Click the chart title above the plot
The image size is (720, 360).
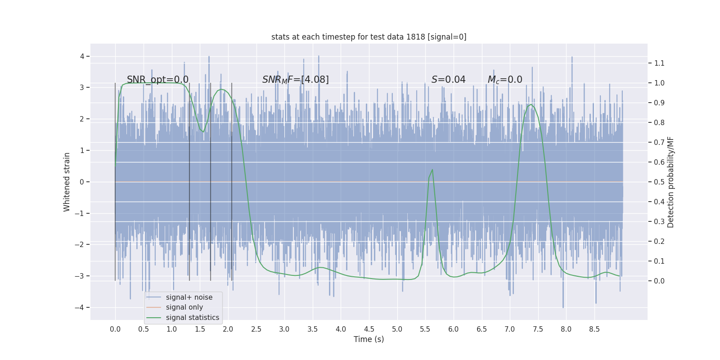pyautogui.click(x=369, y=37)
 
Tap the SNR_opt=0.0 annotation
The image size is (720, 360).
pyautogui.click(x=157, y=80)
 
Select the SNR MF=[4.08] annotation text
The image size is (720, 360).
pyautogui.click(x=295, y=80)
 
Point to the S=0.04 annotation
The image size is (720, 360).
pyautogui.click(x=448, y=80)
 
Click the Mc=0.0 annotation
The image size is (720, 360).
pyautogui.click(x=505, y=80)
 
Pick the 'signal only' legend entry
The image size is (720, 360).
pyautogui.click(x=184, y=307)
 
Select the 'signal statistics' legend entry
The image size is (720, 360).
pyautogui.click(x=192, y=318)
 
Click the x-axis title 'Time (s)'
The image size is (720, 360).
pyautogui.click(x=369, y=339)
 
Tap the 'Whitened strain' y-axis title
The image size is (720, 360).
pyautogui.click(x=67, y=182)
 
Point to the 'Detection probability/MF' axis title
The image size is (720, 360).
pyautogui.click(x=670, y=182)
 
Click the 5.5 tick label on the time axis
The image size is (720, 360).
pyautogui.click(x=425, y=329)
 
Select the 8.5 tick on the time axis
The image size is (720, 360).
pyautogui.click(x=594, y=329)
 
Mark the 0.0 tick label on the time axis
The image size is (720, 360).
pyautogui.click(x=115, y=329)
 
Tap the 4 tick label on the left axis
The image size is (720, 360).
pyautogui.click(x=82, y=56)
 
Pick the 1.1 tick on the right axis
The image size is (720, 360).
pyautogui.click(x=659, y=63)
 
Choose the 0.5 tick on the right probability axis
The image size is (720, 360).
pyautogui.click(x=659, y=182)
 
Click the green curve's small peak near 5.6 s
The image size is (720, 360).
pyautogui.click(x=432, y=170)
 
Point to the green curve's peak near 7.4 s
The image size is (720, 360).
pyautogui.click(x=531, y=105)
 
